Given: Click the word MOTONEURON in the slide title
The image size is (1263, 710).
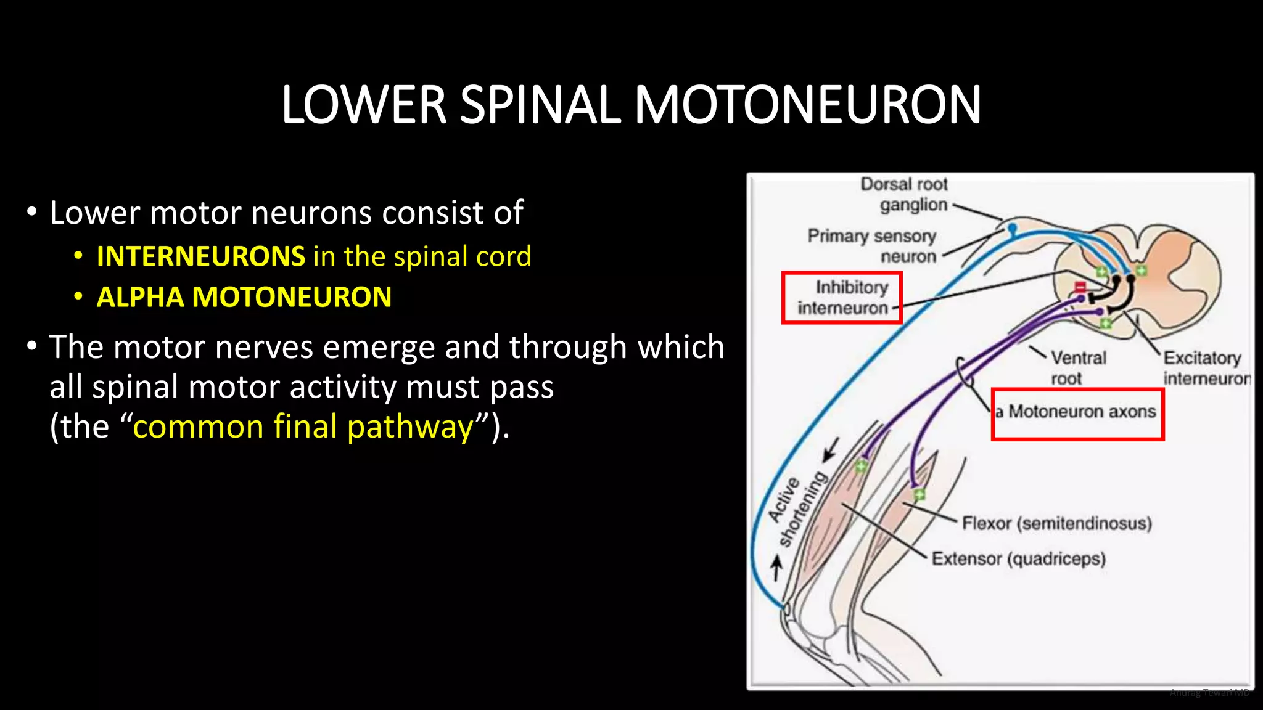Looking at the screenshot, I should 807,105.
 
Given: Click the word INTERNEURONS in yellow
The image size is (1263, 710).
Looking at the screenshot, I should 201,256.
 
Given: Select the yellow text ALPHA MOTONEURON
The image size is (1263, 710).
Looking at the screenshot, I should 244,297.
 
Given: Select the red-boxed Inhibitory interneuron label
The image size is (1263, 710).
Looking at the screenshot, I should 843,298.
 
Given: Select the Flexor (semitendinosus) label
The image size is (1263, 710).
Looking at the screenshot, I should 1056,523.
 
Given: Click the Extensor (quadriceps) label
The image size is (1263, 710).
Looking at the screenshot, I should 1018,558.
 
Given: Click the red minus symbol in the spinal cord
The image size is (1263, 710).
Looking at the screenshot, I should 1080,287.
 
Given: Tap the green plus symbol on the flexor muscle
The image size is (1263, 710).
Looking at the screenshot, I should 919,494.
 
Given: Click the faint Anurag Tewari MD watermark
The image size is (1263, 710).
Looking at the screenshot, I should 1209,693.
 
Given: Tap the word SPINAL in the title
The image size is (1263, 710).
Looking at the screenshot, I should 540,105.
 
